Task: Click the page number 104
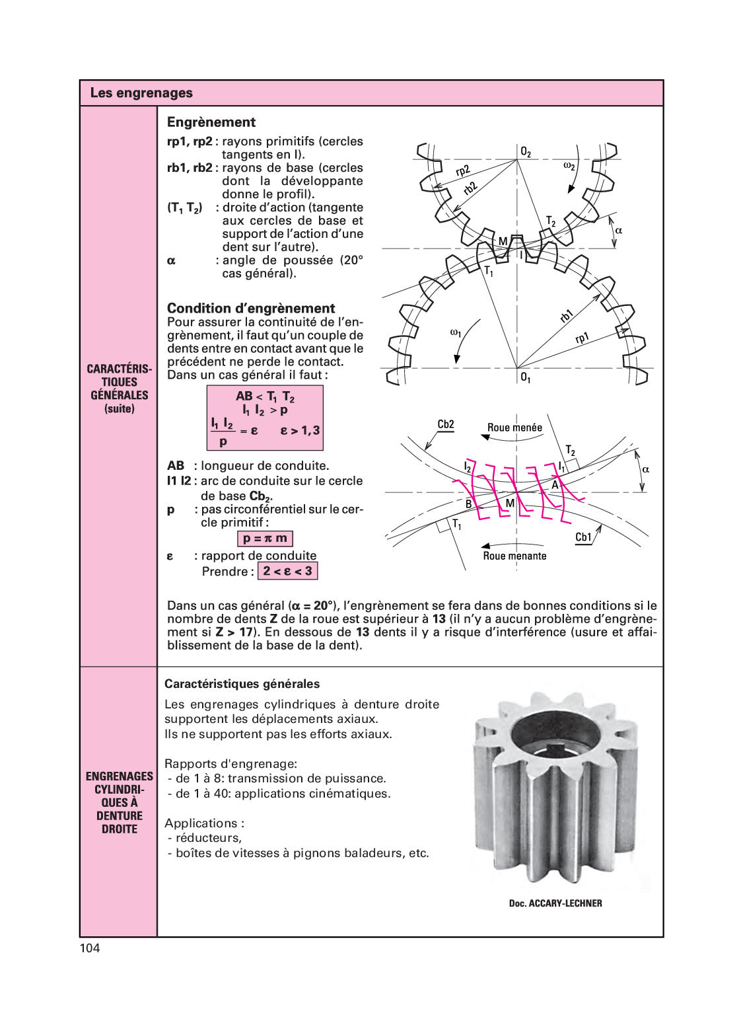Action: tap(90, 948)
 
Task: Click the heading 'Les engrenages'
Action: tap(141, 93)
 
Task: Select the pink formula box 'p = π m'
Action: tap(265, 539)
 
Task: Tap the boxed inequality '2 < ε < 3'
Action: tap(287, 571)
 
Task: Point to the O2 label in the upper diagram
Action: tap(526, 152)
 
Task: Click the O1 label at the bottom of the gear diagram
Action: tap(526, 377)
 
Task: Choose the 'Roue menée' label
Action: tap(514, 428)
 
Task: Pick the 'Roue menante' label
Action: tap(514, 556)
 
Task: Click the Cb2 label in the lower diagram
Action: tap(446, 424)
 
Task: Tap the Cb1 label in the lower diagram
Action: tap(583, 537)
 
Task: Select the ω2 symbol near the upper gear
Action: tap(569, 166)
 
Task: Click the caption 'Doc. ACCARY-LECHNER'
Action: tap(555, 903)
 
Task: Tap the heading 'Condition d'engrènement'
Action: tap(251, 309)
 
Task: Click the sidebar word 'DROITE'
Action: tap(120, 829)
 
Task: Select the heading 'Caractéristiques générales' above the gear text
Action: tap(242, 684)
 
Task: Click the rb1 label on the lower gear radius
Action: tap(566, 316)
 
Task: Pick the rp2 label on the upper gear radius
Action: tap(462, 171)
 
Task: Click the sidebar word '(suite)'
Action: tap(120, 409)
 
